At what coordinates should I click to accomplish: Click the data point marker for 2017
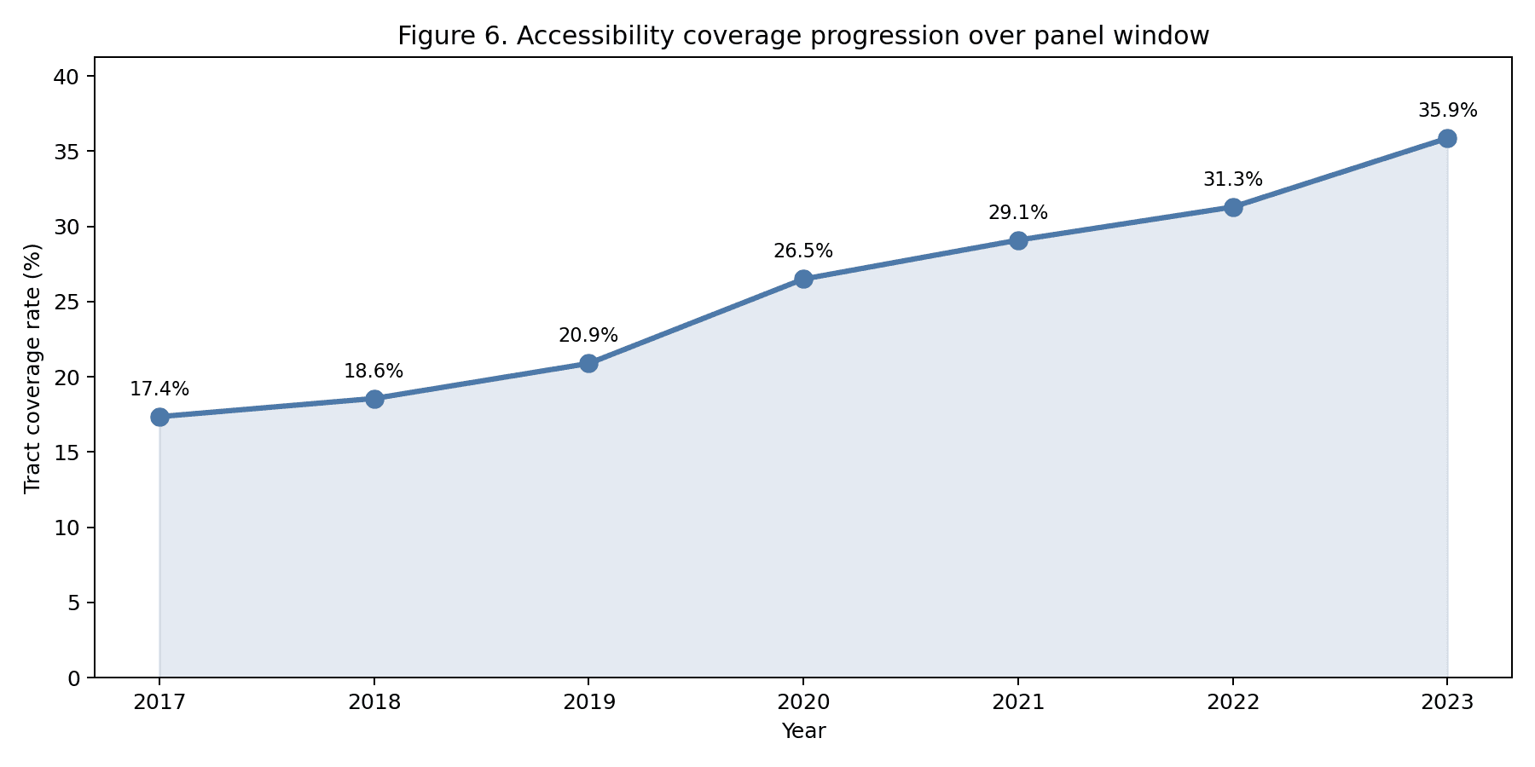click(159, 417)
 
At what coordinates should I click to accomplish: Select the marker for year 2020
click(803, 279)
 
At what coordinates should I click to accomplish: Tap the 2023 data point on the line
click(1447, 138)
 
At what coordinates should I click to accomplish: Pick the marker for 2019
click(588, 363)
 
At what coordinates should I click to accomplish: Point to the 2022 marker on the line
click(1233, 207)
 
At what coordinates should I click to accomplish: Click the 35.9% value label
click(1447, 111)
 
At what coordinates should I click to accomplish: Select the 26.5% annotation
click(803, 251)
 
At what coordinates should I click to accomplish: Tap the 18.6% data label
click(374, 372)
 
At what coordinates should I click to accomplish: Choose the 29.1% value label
click(1018, 213)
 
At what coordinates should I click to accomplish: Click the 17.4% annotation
click(159, 389)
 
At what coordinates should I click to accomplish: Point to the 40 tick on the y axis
click(66, 77)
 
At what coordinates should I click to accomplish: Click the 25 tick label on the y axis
click(66, 303)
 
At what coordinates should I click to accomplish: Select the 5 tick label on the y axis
click(73, 603)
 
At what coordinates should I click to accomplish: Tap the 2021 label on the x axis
click(1018, 703)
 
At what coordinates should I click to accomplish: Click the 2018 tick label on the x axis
click(374, 703)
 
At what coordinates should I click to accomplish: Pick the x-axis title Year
click(803, 731)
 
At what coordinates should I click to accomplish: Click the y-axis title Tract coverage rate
click(32, 368)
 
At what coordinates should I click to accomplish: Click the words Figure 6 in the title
click(452, 37)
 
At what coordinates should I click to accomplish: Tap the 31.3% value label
click(1233, 180)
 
